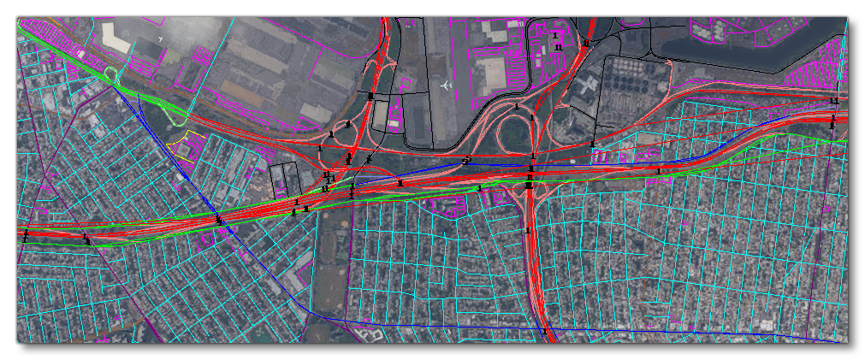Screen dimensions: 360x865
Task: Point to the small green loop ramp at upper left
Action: pos(110,74)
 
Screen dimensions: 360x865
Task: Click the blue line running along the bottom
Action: pos(428,325)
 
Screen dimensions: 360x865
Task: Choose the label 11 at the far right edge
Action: pos(834,101)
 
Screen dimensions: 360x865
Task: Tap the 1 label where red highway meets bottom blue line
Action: pos(544,331)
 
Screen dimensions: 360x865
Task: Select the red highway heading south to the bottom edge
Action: pos(534,274)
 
